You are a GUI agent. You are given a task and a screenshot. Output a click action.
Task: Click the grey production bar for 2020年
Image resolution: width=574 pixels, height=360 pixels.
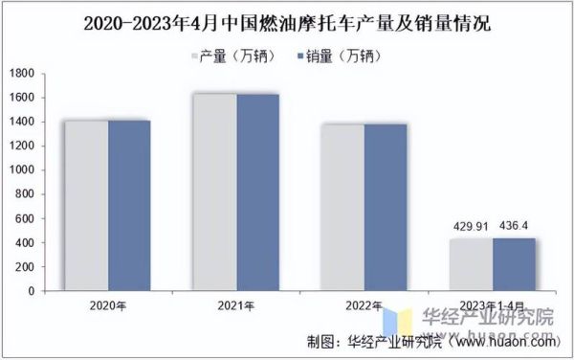click(x=87, y=205)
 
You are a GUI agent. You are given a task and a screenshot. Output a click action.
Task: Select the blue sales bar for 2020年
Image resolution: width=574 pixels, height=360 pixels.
click(x=129, y=205)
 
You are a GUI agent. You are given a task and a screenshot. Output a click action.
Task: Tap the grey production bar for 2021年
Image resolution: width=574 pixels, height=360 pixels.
click(x=215, y=191)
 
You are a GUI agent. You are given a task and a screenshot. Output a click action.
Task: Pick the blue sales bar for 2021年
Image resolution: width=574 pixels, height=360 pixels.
click(x=257, y=191)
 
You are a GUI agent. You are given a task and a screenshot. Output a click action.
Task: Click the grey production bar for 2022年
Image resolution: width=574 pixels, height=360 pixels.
click(x=343, y=207)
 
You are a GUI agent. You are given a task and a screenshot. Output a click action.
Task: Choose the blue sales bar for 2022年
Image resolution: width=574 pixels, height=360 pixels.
click(x=386, y=207)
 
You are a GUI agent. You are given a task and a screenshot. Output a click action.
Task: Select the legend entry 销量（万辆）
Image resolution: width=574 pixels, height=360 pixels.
click(x=340, y=56)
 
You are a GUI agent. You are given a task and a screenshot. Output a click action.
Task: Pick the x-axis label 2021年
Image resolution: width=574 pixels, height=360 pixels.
click(x=236, y=305)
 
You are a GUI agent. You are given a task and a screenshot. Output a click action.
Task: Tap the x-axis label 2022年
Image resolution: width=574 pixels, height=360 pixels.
click(x=364, y=305)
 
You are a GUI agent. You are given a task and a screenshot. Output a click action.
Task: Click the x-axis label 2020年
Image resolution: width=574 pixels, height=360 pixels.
click(x=108, y=305)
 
